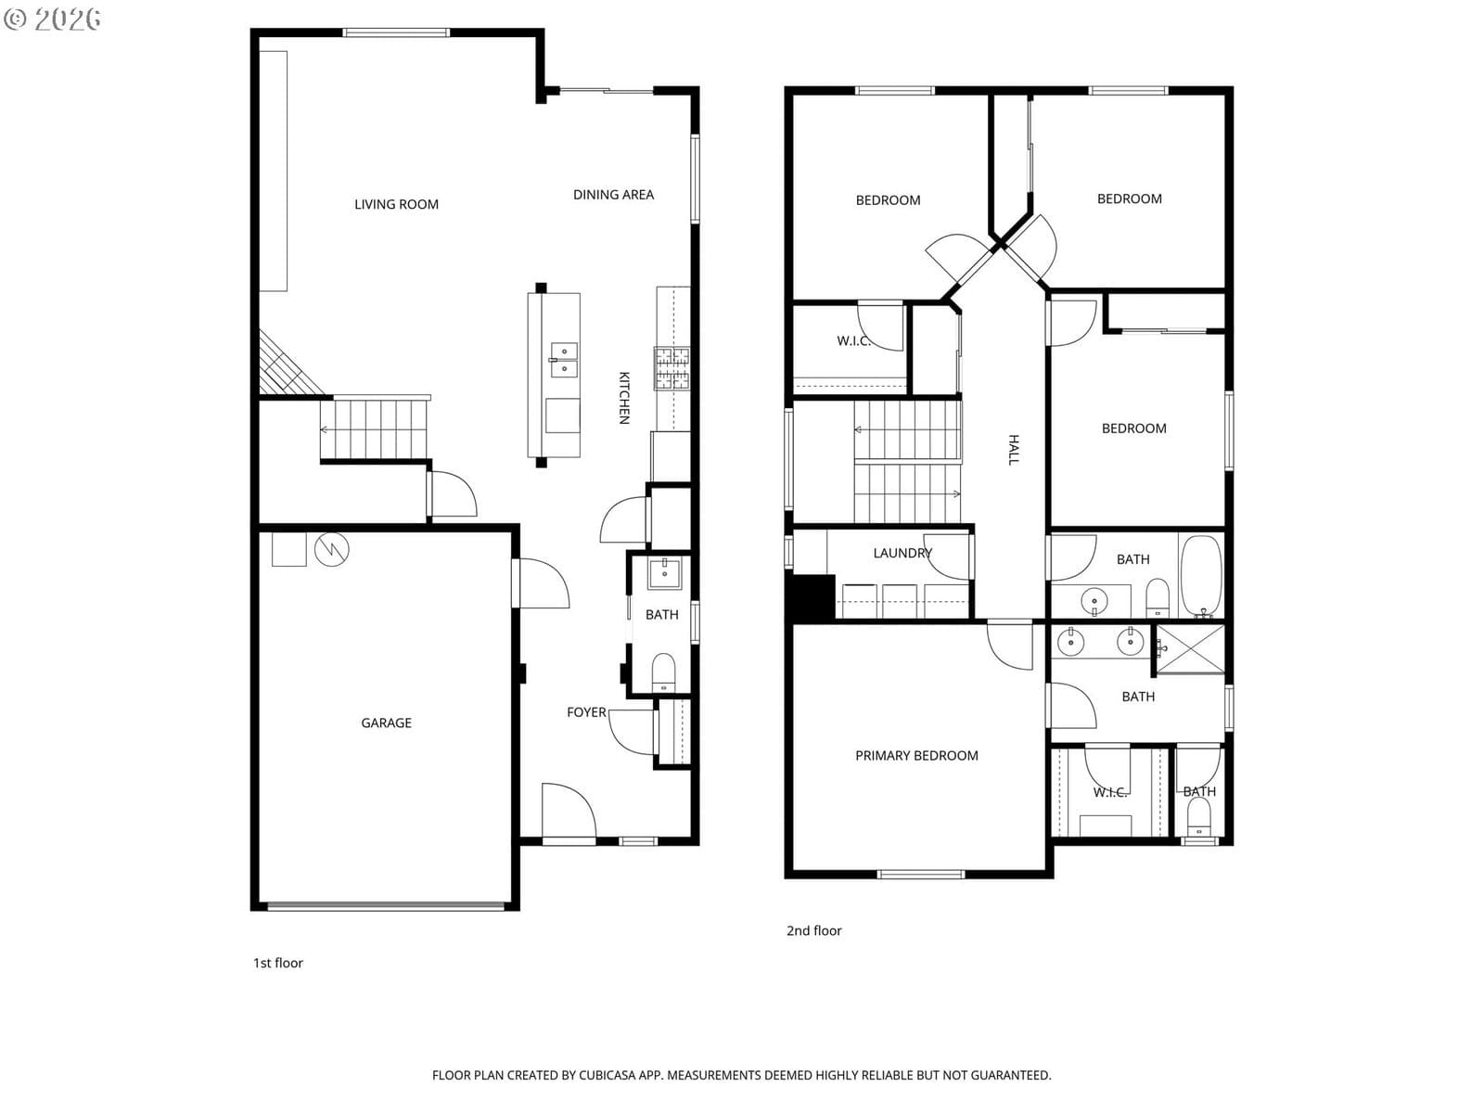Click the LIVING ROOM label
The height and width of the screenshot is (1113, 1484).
pos(396,204)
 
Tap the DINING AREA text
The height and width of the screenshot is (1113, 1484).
pos(613,195)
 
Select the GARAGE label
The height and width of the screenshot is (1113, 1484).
pos(386,723)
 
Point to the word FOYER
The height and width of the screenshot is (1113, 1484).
pos(586,711)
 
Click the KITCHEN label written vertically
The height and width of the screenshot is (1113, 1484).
pos(624,397)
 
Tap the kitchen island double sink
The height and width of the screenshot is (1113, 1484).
pos(563,360)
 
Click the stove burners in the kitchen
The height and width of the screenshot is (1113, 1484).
pos(672,368)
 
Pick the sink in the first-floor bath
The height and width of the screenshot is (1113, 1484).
pos(665,574)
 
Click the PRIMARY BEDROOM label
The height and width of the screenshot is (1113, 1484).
pos(916,756)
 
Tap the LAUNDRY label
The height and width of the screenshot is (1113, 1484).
pos(902,553)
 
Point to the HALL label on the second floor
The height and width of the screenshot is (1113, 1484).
pos(1013,450)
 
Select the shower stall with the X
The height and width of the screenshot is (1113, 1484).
pos(1190,649)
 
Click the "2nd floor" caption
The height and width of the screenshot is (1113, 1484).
pos(813,930)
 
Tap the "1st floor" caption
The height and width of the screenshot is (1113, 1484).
pos(278,963)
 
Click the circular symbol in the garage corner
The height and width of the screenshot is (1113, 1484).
pos(331,549)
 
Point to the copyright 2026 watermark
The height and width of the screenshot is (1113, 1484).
pos(52,19)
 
